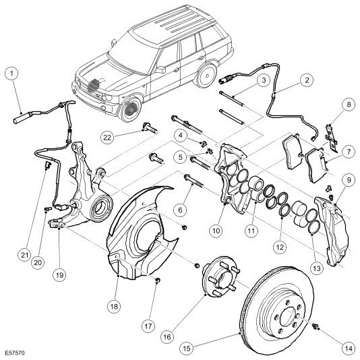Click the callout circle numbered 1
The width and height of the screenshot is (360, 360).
(11, 73)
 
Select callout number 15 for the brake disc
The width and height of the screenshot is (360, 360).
(187, 349)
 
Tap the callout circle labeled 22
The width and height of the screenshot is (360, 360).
(107, 138)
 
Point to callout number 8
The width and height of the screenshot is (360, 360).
(349, 104)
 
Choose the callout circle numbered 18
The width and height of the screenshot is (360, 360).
(114, 306)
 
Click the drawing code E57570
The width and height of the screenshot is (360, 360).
(15, 353)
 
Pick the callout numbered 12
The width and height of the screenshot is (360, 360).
(280, 247)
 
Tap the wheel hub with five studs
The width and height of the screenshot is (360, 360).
(221, 278)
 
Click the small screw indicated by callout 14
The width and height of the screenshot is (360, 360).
(316, 326)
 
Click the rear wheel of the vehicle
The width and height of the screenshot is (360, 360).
(206, 74)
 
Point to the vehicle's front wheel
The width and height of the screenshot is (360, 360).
(130, 108)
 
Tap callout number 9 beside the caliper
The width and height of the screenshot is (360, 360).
(349, 180)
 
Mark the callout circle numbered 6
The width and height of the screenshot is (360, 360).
(180, 210)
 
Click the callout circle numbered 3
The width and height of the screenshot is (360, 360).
(264, 80)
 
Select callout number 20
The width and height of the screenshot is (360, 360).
(38, 262)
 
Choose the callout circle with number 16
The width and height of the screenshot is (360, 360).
(167, 337)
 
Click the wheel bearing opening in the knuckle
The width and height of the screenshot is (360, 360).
(101, 208)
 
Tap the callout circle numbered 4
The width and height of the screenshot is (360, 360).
(181, 136)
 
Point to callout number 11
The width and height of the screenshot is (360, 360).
(251, 231)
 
